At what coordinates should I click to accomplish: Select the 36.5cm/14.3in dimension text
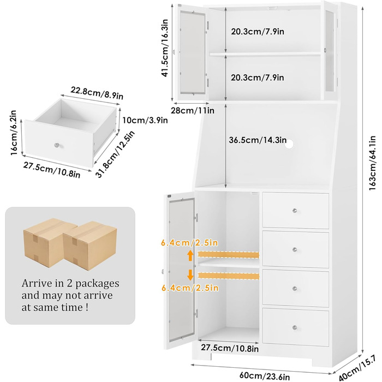click(258, 140)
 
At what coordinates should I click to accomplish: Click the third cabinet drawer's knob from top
click(295, 288)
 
